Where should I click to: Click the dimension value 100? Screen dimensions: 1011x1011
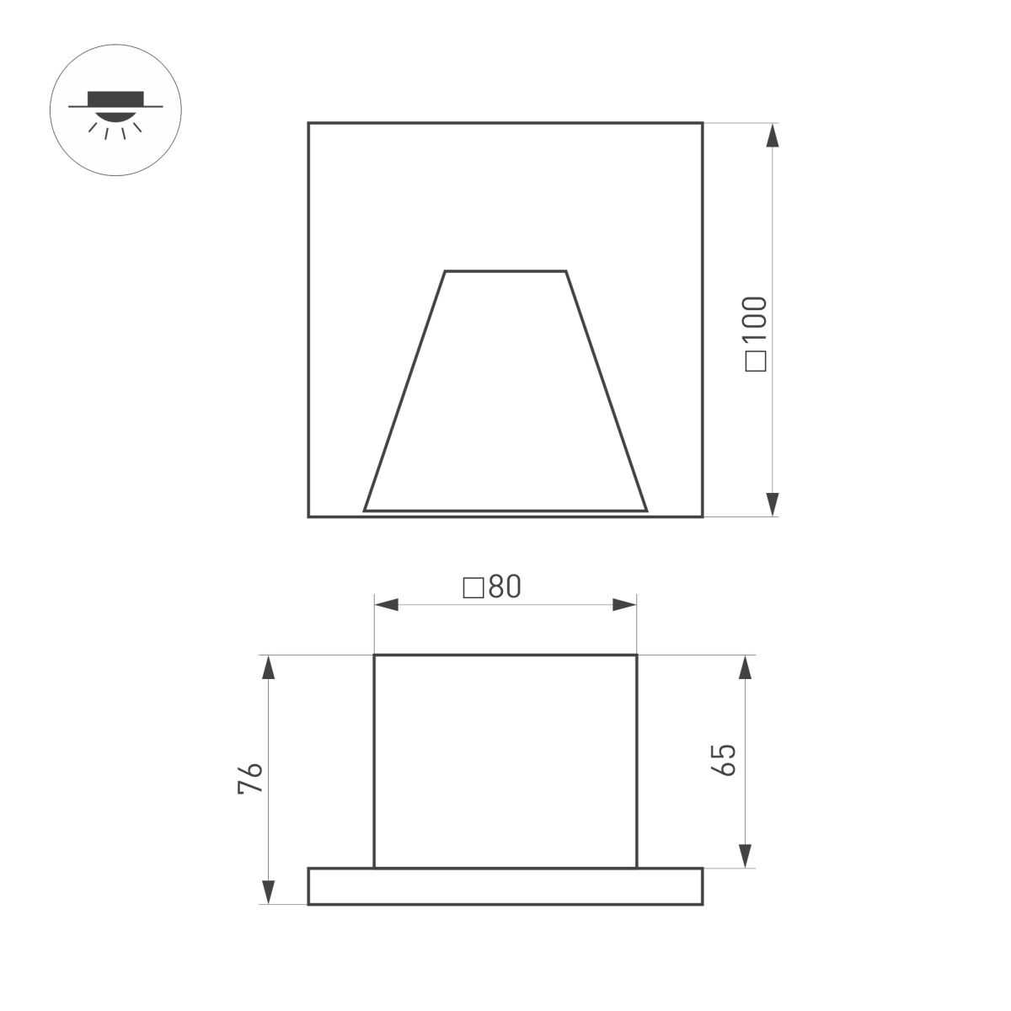pos(756,321)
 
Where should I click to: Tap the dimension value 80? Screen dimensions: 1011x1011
pos(505,587)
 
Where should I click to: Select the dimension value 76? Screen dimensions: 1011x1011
pos(251,778)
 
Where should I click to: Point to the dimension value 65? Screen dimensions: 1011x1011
pos(724,760)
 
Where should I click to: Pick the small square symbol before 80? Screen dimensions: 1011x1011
pos(473,587)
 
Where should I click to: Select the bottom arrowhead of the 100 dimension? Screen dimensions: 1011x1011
pos(772,504)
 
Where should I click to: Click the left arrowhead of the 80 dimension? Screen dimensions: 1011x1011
pos(387,605)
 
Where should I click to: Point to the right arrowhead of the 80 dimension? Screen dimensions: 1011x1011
pos(624,605)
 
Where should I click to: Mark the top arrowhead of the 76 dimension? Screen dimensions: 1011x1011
pos(268,667)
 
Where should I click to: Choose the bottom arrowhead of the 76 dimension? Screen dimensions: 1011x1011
pos(268,892)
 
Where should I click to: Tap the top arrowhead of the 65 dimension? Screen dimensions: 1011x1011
pos(745,667)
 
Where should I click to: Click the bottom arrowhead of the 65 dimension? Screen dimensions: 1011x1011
pos(745,855)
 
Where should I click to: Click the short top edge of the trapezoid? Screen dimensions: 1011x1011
pos(505,271)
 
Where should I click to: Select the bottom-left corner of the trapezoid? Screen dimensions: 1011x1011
pos(365,511)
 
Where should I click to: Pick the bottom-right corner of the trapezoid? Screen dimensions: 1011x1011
pos(646,511)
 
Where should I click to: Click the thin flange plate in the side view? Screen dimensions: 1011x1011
pos(505,886)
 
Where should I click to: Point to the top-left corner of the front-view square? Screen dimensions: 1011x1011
pos(309,124)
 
